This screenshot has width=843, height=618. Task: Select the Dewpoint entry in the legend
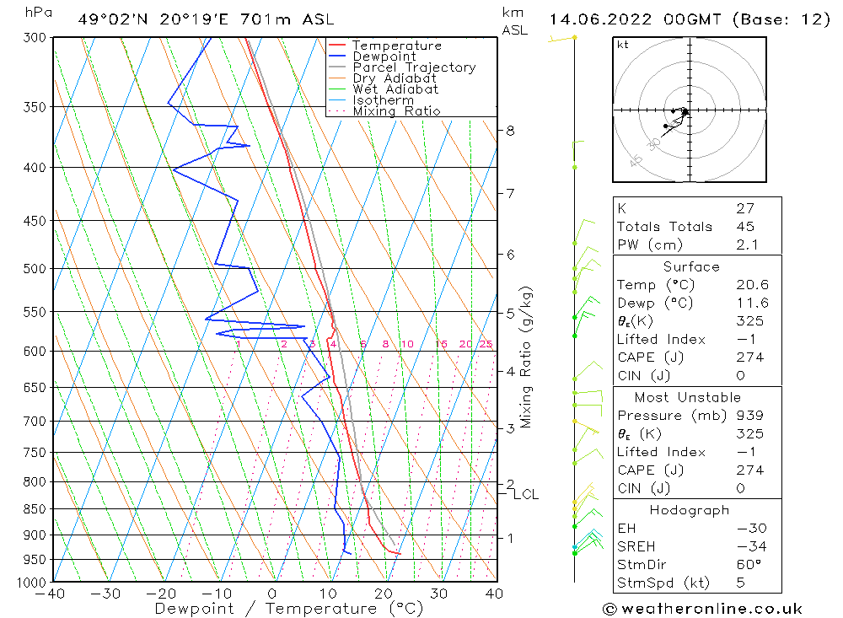(384, 56)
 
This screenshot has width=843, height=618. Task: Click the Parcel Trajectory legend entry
(414, 67)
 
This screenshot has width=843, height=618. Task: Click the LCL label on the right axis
(525, 494)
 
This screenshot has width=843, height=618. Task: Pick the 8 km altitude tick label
(510, 131)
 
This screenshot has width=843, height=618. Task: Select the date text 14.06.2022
(590, 19)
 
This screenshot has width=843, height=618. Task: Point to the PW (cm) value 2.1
(747, 245)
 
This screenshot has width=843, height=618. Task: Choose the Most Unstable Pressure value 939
(749, 416)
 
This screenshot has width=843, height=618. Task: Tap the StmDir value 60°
(749, 565)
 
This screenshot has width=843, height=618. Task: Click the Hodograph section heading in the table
(690, 510)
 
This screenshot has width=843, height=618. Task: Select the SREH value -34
(749, 546)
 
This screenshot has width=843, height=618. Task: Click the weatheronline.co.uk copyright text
(702, 609)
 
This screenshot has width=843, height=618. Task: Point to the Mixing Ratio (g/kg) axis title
(527, 357)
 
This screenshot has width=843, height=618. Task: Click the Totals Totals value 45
(745, 226)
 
